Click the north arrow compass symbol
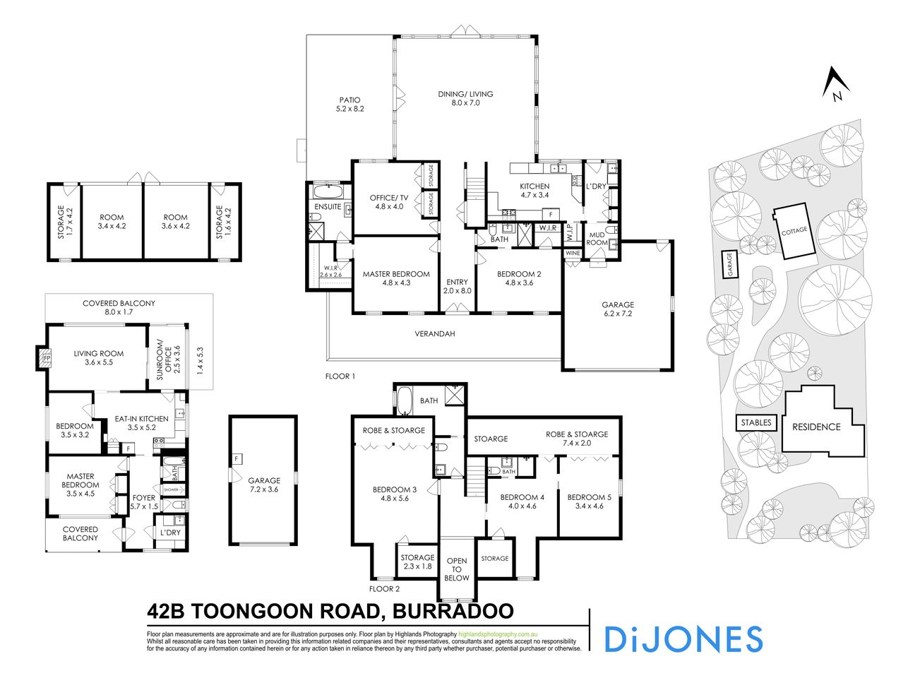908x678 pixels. tap(834, 84)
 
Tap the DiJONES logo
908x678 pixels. tap(683, 638)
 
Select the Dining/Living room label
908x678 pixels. tap(465, 98)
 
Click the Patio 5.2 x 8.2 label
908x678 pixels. tap(350, 105)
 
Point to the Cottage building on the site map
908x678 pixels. tap(794, 232)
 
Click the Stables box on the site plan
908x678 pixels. tap(756, 423)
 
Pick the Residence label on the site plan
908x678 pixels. tap(816, 427)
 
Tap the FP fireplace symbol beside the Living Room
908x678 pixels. tap(47, 359)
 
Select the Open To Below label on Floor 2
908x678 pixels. tap(457, 569)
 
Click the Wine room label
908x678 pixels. tap(573, 253)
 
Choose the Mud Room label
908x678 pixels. tap(597, 238)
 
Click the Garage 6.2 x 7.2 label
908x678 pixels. tap(618, 309)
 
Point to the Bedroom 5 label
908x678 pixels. tap(589, 501)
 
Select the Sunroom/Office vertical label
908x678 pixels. tap(163, 358)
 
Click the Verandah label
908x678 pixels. tap(434, 333)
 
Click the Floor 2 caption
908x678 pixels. tap(384, 588)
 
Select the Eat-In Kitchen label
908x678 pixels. tap(141, 423)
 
